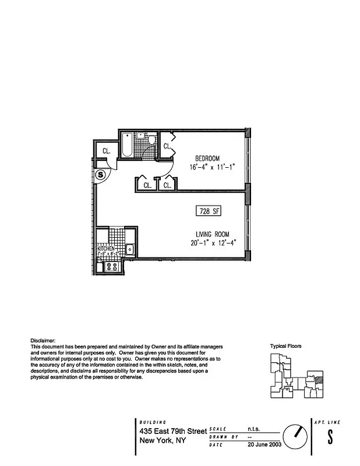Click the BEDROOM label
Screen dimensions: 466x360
[207, 158]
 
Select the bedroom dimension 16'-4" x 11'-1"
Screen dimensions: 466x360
[212, 168]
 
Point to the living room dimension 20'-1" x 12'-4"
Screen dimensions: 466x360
[211, 243]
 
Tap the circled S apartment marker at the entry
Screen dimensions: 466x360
[101, 174]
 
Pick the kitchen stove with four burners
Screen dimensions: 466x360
[111, 267]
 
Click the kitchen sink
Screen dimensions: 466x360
[130, 249]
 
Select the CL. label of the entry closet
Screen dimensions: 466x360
[107, 151]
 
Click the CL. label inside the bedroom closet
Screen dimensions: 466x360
[167, 146]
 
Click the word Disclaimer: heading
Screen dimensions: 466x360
[43, 340]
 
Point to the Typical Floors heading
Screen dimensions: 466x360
[285, 346]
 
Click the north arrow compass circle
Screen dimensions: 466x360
[295, 435]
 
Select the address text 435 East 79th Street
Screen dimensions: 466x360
[173, 431]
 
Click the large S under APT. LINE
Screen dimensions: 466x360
[330, 436]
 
